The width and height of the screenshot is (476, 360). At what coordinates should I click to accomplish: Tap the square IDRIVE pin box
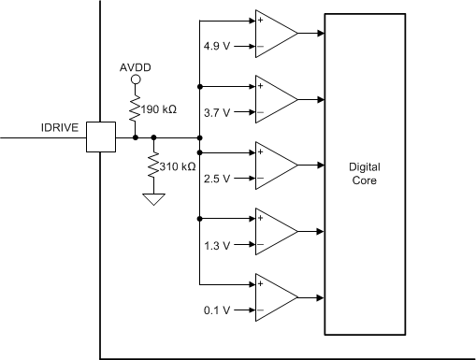(100, 137)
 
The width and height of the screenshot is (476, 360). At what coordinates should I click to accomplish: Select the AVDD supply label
(135, 68)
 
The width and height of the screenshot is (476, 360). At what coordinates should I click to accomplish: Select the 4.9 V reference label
(215, 47)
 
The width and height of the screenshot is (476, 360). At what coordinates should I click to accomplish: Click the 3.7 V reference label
(215, 112)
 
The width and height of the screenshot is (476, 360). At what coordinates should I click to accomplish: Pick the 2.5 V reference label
(215, 178)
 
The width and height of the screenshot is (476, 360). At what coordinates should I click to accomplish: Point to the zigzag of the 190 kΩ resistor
(135, 109)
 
